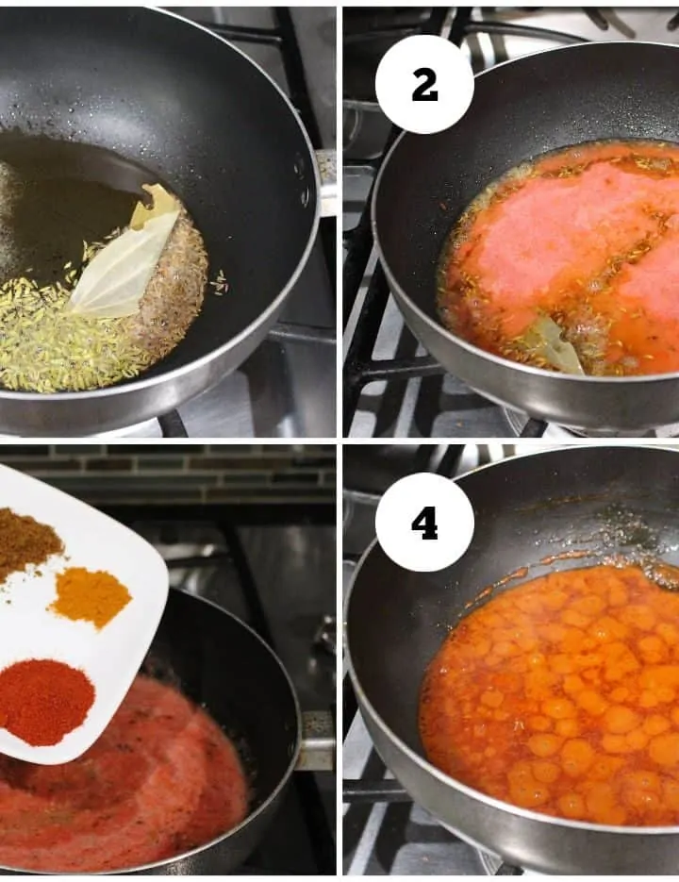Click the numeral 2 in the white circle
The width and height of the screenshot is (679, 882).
[424, 86]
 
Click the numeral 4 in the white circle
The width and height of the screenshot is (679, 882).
[424, 524]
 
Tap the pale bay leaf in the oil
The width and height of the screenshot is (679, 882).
[128, 253]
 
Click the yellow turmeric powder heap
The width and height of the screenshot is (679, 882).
[91, 597]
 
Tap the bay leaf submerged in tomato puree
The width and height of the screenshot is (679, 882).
[555, 344]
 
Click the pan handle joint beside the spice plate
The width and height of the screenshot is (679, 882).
[315, 740]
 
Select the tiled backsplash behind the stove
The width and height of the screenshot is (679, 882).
[169, 474]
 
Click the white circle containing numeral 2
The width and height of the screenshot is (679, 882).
[424, 84]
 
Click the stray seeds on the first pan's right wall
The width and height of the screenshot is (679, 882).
[220, 281]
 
